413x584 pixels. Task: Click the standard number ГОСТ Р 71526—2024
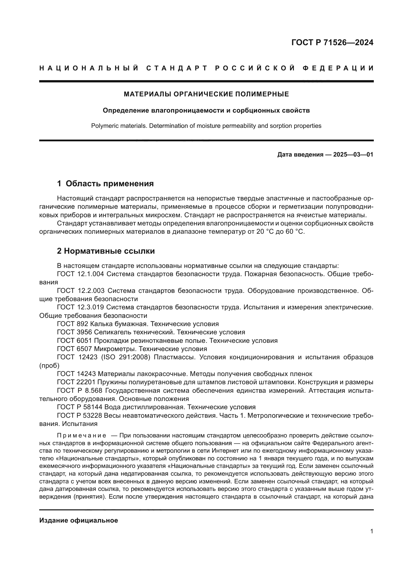click(332, 42)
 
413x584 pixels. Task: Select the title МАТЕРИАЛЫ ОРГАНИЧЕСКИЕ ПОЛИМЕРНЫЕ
click(206, 94)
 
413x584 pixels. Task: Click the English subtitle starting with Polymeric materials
click(206, 126)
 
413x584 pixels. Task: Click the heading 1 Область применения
click(105, 184)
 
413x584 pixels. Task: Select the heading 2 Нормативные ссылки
click(106, 251)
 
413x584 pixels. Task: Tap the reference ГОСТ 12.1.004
click(81, 274)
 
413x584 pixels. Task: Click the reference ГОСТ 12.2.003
click(81, 291)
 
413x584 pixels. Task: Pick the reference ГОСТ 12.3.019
click(81, 307)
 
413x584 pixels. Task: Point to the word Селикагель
click(113, 332)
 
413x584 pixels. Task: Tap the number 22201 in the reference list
click(86, 382)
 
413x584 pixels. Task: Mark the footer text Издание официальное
click(79, 521)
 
